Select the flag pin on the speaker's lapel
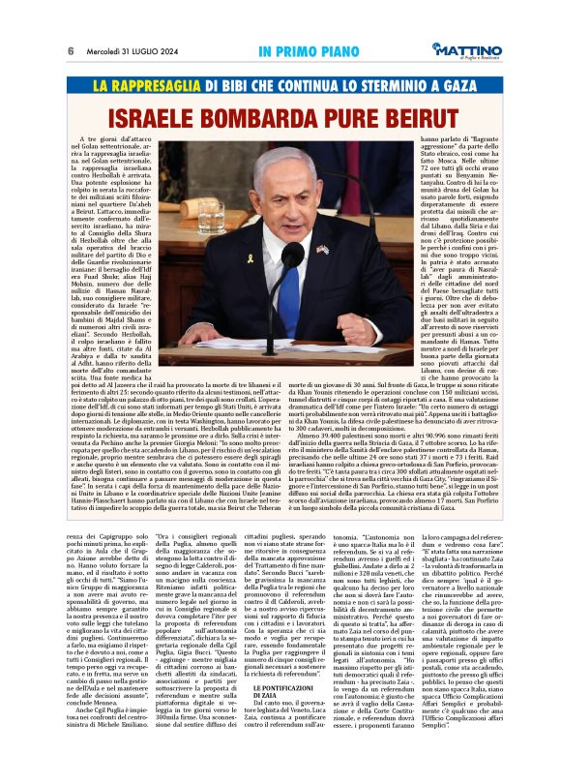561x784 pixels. click(x=321, y=251)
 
